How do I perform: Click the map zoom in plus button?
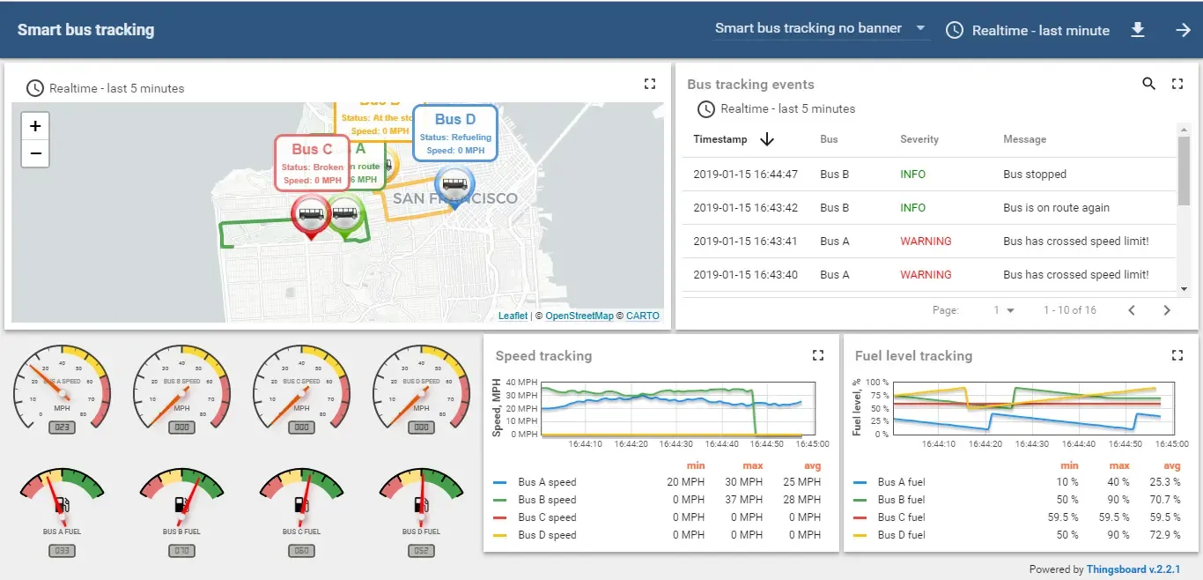point(35,126)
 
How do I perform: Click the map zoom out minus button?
point(35,153)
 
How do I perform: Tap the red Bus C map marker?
point(311,214)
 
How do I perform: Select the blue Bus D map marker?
point(454,186)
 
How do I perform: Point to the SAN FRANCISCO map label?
point(454,198)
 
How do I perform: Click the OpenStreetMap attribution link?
point(579,316)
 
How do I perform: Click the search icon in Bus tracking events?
point(1148,84)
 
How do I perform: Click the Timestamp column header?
point(720,139)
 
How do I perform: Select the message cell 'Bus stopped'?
point(1034,175)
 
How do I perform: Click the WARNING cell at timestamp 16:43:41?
point(925,242)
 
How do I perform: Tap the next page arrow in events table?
point(1167,310)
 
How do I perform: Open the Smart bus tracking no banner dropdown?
point(821,29)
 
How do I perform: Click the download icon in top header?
point(1138,30)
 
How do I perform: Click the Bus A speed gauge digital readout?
point(62,428)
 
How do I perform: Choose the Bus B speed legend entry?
point(546,500)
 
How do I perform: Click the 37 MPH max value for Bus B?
point(744,500)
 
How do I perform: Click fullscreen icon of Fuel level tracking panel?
point(1177,355)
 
